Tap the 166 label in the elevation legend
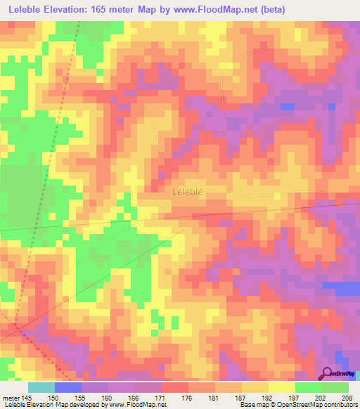[x=134, y=398]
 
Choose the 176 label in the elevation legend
[x=188, y=398]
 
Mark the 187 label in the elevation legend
[x=242, y=398]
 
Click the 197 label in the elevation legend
[x=295, y=398]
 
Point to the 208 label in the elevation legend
[x=348, y=398]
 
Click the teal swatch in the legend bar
[x=41, y=387]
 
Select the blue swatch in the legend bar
[x=67, y=387]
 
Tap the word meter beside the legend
[x=11, y=398]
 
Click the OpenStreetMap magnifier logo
[x=328, y=373]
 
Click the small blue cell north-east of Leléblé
[x=287, y=106]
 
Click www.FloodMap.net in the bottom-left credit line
[x=137, y=405]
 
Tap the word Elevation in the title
[x=77, y=10]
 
